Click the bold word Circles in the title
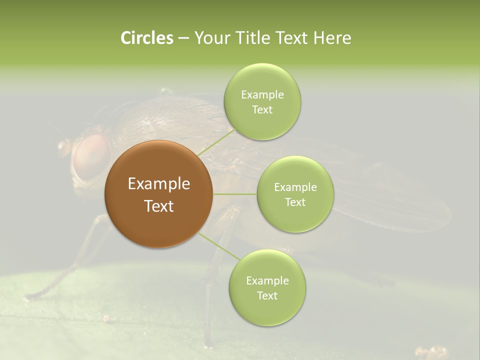tap(146, 38)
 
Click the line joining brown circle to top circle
tap(216, 141)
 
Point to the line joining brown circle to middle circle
tap(234, 194)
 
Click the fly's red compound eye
tap(90, 156)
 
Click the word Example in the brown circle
tap(158, 184)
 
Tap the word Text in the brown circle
tap(158, 206)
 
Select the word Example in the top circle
tap(262, 94)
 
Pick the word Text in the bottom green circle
tap(267, 295)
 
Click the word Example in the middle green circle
tap(295, 187)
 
